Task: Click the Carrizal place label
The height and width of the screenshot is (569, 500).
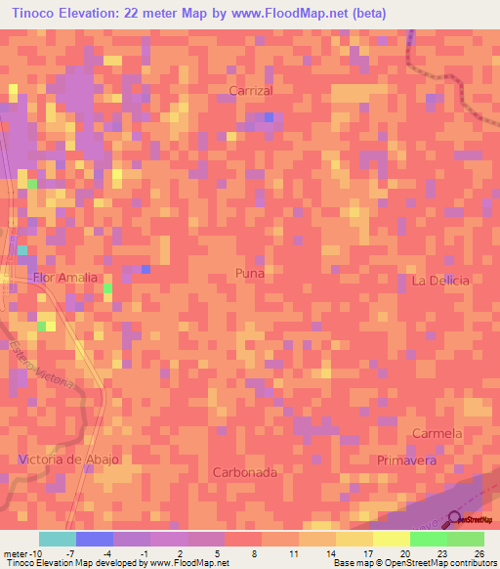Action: coord(250,90)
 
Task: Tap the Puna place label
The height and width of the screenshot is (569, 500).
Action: coord(250,274)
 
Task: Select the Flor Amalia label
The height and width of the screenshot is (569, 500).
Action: coord(65,278)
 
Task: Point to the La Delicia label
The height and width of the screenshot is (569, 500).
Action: coord(440,281)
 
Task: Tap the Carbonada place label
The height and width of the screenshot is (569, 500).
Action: coord(245,472)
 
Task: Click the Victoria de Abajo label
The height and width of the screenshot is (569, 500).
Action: coord(68,460)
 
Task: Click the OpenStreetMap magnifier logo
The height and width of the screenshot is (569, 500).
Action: coord(455,519)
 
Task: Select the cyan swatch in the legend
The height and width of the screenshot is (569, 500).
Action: coord(57,539)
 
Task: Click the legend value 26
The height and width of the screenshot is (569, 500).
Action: coord(478,553)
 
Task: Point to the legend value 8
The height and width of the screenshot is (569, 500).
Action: coord(255,553)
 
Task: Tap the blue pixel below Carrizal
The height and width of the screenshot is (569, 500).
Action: coord(269,118)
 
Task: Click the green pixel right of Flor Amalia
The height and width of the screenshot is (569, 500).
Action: coord(107,287)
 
